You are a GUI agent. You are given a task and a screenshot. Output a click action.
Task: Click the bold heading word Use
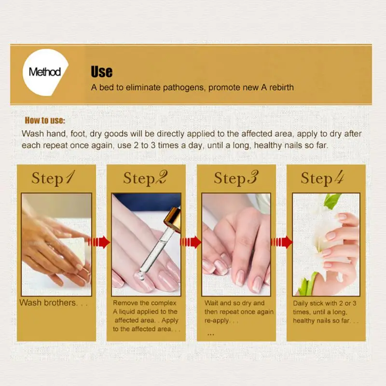101,72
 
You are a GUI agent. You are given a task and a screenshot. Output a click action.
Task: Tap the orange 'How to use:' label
45,121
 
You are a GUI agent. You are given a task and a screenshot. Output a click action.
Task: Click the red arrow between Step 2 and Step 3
190,242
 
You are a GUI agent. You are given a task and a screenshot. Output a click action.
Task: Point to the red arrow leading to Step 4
281,242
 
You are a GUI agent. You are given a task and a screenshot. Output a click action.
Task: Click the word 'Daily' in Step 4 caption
302,303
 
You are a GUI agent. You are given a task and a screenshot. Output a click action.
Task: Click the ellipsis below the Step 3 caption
210,333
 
